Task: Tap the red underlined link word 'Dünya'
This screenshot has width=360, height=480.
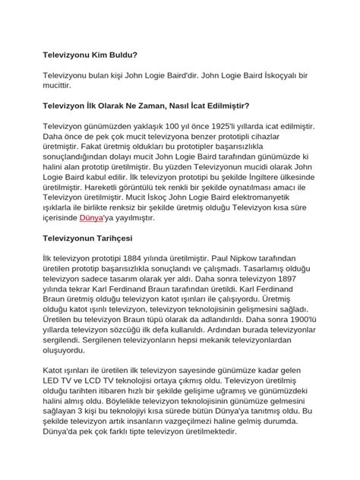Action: click(x=95, y=218)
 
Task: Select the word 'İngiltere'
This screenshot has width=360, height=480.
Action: click(x=261, y=178)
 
